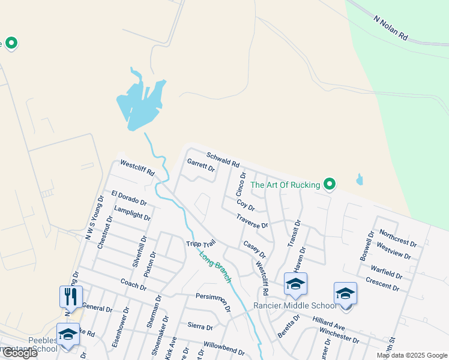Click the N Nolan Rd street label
(391, 28)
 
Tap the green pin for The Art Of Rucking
(329, 184)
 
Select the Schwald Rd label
(223, 160)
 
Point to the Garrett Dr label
(200, 164)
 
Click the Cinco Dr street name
(241, 185)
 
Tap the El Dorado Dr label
(129, 197)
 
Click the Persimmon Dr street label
(213, 302)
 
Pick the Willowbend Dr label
(223, 348)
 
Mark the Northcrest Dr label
(398, 238)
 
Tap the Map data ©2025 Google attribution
(411, 355)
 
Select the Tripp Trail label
(200, 243)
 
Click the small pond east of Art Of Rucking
(360, 179)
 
